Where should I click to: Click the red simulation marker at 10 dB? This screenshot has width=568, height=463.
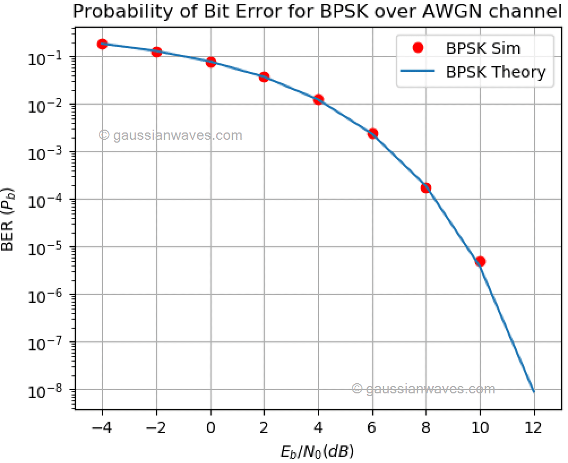[480, 261]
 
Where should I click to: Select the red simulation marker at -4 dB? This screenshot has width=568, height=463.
[102, 44]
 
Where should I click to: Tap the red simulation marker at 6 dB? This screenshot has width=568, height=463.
[372, 134]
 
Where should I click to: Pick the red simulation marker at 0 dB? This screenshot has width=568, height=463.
[210, 62]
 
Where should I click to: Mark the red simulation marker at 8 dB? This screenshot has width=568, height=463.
[426, 187]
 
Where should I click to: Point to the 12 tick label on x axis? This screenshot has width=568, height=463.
[533, 426]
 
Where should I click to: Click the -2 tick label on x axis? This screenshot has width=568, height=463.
[156, 426]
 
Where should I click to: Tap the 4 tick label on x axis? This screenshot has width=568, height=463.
[318, 426]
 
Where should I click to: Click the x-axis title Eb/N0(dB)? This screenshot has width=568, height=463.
[317, 451]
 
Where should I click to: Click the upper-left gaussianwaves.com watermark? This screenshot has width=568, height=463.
[170, 135]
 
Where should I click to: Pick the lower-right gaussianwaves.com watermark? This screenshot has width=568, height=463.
[423, 389]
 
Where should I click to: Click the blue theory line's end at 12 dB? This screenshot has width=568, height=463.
[533, 391]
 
